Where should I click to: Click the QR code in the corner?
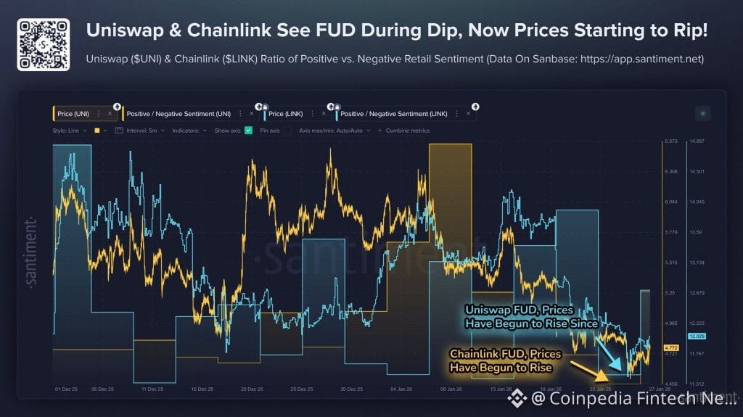[44, 45]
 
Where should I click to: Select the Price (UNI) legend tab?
[73, 114]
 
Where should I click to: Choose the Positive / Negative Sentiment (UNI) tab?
[178, 114]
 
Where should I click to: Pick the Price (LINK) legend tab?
[286, 114]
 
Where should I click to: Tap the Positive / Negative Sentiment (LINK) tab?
[394, 114]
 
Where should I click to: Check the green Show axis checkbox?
[249, 131]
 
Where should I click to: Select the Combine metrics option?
[407, 131]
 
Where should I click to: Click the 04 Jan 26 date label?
[401, 389]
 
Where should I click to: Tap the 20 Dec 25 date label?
[253, 389]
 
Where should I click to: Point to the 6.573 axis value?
[671, 141]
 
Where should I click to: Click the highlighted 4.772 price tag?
[671, 348]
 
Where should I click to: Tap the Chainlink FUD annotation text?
[501, 360]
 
